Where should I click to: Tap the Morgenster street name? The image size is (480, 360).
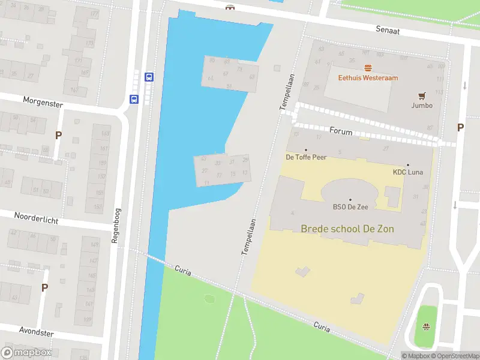[x=43, y=103]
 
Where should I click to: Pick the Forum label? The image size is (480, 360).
[x=340, y=131]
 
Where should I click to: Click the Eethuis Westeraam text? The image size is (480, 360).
[x=368, y=77]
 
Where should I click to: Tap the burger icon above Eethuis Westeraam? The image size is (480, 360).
[x=368, y=68]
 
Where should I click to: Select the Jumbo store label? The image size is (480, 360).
[x=422, y=106]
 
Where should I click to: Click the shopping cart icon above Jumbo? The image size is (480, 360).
[x=422, y=95]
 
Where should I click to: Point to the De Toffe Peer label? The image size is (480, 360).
[x=305, y=158]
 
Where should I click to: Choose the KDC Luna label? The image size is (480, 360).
[x=408, y=172]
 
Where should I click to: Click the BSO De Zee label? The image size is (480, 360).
[x=350, y=207]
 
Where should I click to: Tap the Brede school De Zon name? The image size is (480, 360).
[x=347, y=229]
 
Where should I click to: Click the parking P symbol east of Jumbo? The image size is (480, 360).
[x=460, y=127]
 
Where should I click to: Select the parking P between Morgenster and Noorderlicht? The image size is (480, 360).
[x=58, y=136]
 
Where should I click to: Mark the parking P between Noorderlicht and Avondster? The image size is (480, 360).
[x=44, y=288]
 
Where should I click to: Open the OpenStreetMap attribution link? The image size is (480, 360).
[x=457, y=356]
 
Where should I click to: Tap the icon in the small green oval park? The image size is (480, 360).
[x=426, y=327]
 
